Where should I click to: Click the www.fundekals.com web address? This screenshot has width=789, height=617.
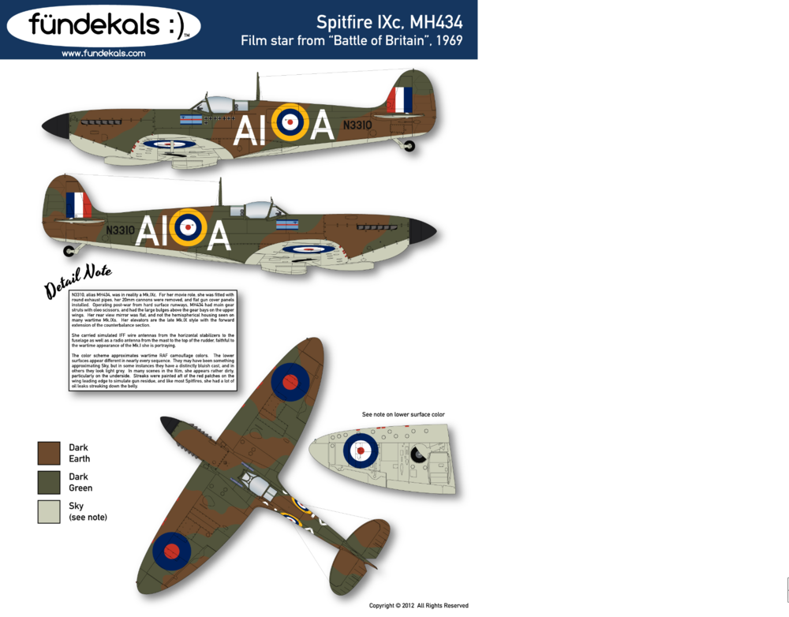(x=103, y=54)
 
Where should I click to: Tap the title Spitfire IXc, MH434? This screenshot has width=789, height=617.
(x=389, y=22)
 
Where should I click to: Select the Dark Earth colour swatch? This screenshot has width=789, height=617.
(x=49, y=453)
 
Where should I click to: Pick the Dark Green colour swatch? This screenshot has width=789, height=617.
(x=49, y=482)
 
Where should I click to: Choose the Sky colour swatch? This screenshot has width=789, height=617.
(x=49, y=511)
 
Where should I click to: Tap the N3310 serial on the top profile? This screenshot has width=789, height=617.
(x=357, y=125)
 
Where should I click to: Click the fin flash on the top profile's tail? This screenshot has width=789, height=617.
(x=400, y=99)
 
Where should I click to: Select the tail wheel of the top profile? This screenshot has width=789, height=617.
(x=409, y=146)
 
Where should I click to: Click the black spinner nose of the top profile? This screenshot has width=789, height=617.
(x=56, y=124)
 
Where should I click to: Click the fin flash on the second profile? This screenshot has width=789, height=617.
(x=78, y=205)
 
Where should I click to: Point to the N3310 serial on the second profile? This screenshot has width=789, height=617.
(x=120, y=230)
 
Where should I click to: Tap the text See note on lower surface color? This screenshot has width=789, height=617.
(x=403, y=414)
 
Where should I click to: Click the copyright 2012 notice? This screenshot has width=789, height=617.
(x=418, y=606)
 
